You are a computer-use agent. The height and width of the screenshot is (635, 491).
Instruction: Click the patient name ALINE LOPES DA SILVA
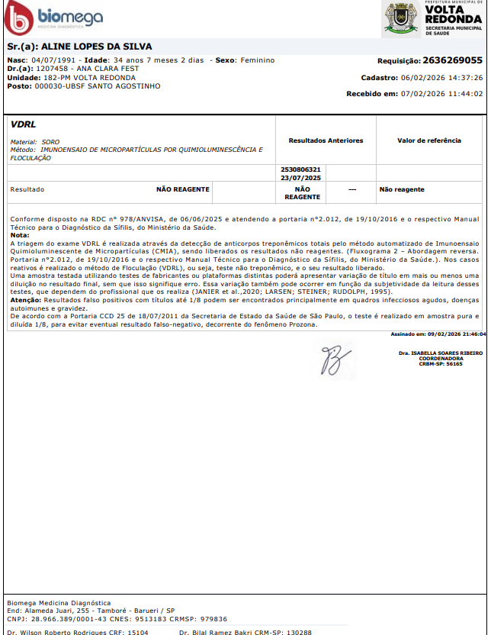click(x=95, y=47)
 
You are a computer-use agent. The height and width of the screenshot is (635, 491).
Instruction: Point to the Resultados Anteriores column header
click(x=326, y=140)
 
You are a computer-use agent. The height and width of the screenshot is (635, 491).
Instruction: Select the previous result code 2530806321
click(x=301, y=169)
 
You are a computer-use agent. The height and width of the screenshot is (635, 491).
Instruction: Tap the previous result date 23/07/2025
click(x=301, y=177)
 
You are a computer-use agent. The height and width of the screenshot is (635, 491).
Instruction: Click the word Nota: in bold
click(x=20, y=235)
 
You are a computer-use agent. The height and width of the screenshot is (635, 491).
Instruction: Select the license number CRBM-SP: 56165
click(x=441, y=364)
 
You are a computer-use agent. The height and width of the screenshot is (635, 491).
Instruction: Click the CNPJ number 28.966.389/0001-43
click(x=66, y=619)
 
